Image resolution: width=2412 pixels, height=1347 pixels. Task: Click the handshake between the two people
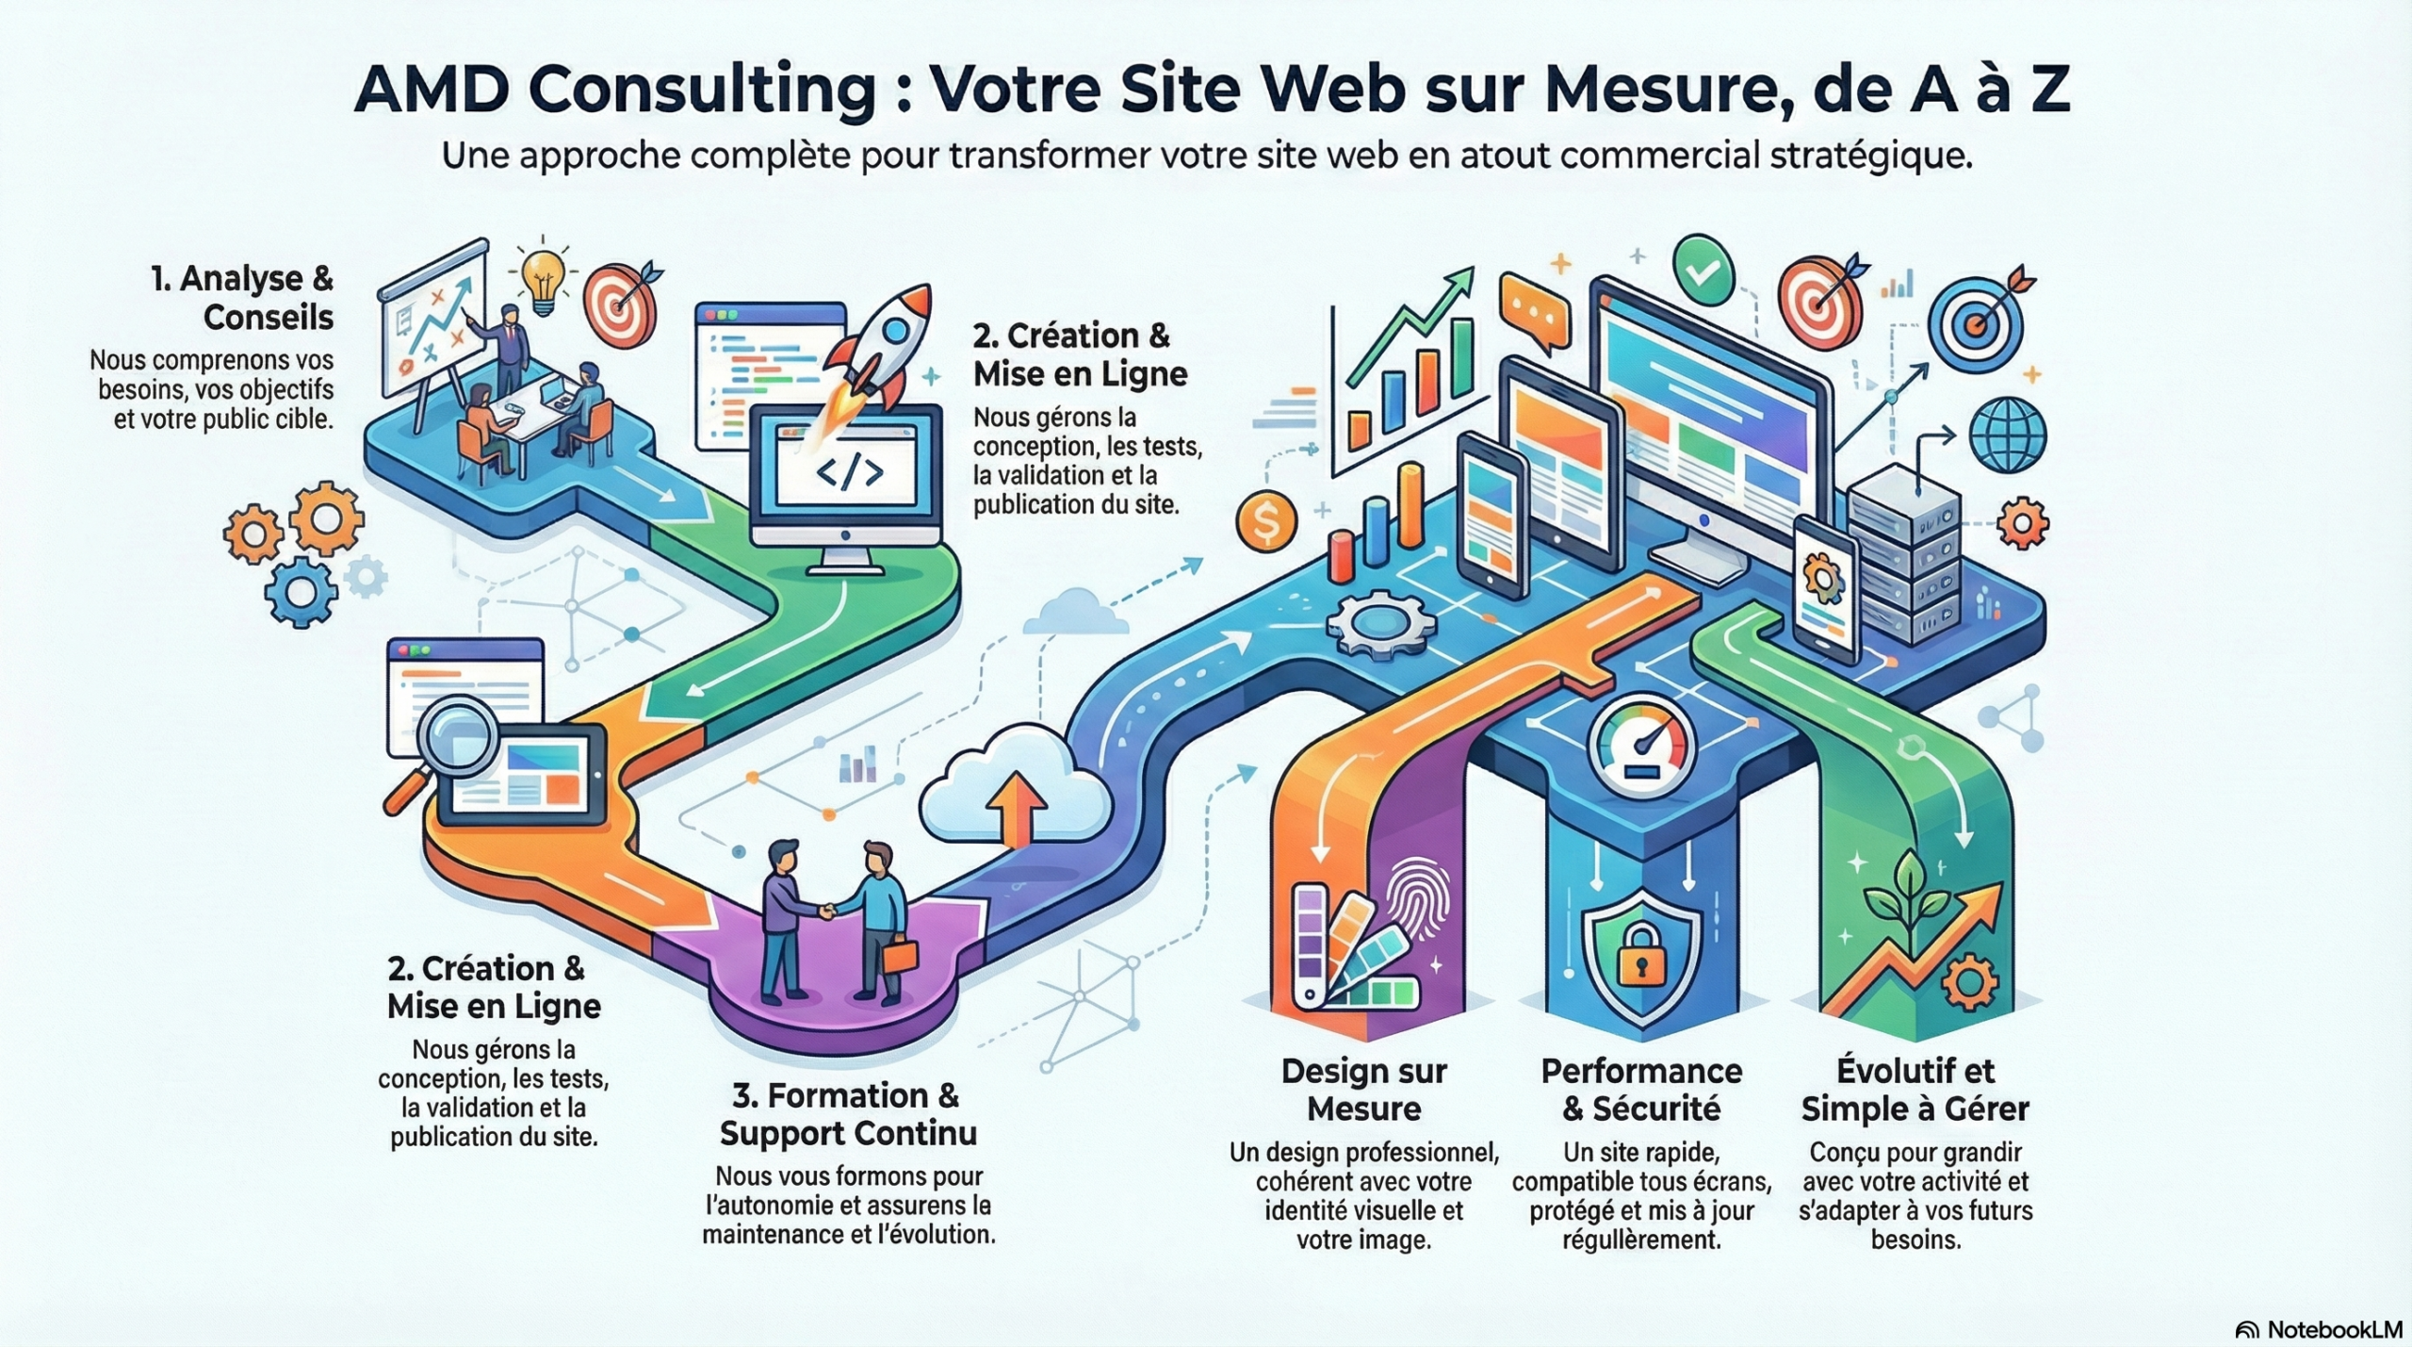826,911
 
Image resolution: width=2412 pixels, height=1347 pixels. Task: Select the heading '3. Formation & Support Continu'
847,1114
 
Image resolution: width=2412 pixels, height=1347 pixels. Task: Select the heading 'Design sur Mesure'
1363,1090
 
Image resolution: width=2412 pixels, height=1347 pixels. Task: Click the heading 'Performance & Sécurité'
1641,1090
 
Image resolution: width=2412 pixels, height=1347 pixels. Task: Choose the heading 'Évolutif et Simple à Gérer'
1915,1090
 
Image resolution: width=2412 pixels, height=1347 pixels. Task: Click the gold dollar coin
1266,522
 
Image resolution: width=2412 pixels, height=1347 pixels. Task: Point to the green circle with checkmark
1703,270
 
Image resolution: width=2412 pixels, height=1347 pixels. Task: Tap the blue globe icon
2008,435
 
